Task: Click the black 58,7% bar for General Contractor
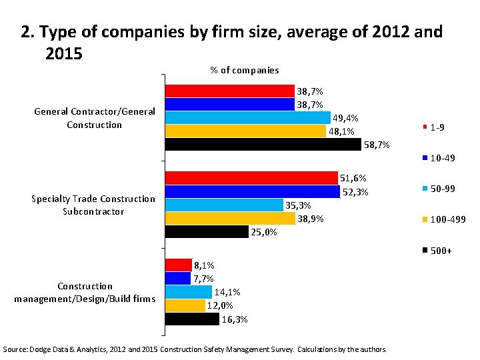point(263,144)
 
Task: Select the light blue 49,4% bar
point(247,117)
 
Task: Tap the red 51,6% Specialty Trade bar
point(251,177)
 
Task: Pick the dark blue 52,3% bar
point(253,191)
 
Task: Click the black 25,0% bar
point(207,231)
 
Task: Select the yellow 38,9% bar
point(230,218)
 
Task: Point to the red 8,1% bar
point(178,265)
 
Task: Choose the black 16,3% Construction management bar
point(192,319)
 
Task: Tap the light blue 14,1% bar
point(189,292)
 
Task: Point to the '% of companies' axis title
point(245,70)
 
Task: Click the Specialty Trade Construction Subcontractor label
point(93,205)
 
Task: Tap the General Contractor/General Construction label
point(95,118)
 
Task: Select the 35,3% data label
point(298,205)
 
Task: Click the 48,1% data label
point(341,131)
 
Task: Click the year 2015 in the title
point(64,53)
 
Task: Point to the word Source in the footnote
point(16,349)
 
